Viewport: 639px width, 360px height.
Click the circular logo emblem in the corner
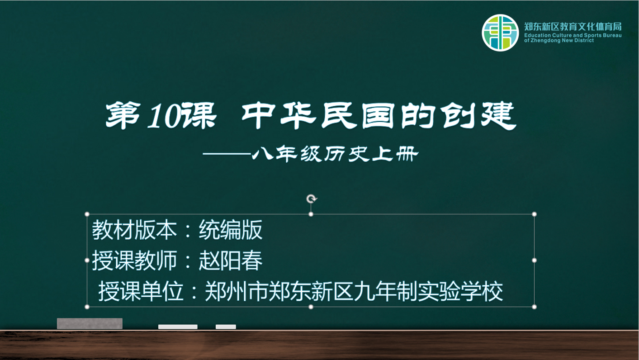coord(500,33)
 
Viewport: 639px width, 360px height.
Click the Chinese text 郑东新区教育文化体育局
coord(573,27)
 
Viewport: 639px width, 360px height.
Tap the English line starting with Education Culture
coord(573,35)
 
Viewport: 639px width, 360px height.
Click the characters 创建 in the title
coord(478,115)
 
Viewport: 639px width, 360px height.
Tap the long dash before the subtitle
coord(227,154)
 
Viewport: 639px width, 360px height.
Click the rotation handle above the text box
coord(311,199)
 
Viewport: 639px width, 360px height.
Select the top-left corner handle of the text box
coord(87,214)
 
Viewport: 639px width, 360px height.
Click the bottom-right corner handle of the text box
coord(534,307)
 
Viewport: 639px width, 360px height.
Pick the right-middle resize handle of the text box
coord(534,260)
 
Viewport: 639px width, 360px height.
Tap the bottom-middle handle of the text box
coord(311,307)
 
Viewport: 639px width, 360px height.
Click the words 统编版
coord(231,230)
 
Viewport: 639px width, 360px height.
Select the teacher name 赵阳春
coord(231,261)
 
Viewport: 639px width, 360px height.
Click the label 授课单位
coord(141,291)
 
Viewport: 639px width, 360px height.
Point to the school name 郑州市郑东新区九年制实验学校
coord(354,291)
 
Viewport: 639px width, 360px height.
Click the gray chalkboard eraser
coord(90,323)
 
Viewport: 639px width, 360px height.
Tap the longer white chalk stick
coord(178,327)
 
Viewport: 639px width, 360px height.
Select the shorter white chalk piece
coord(226,327)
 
